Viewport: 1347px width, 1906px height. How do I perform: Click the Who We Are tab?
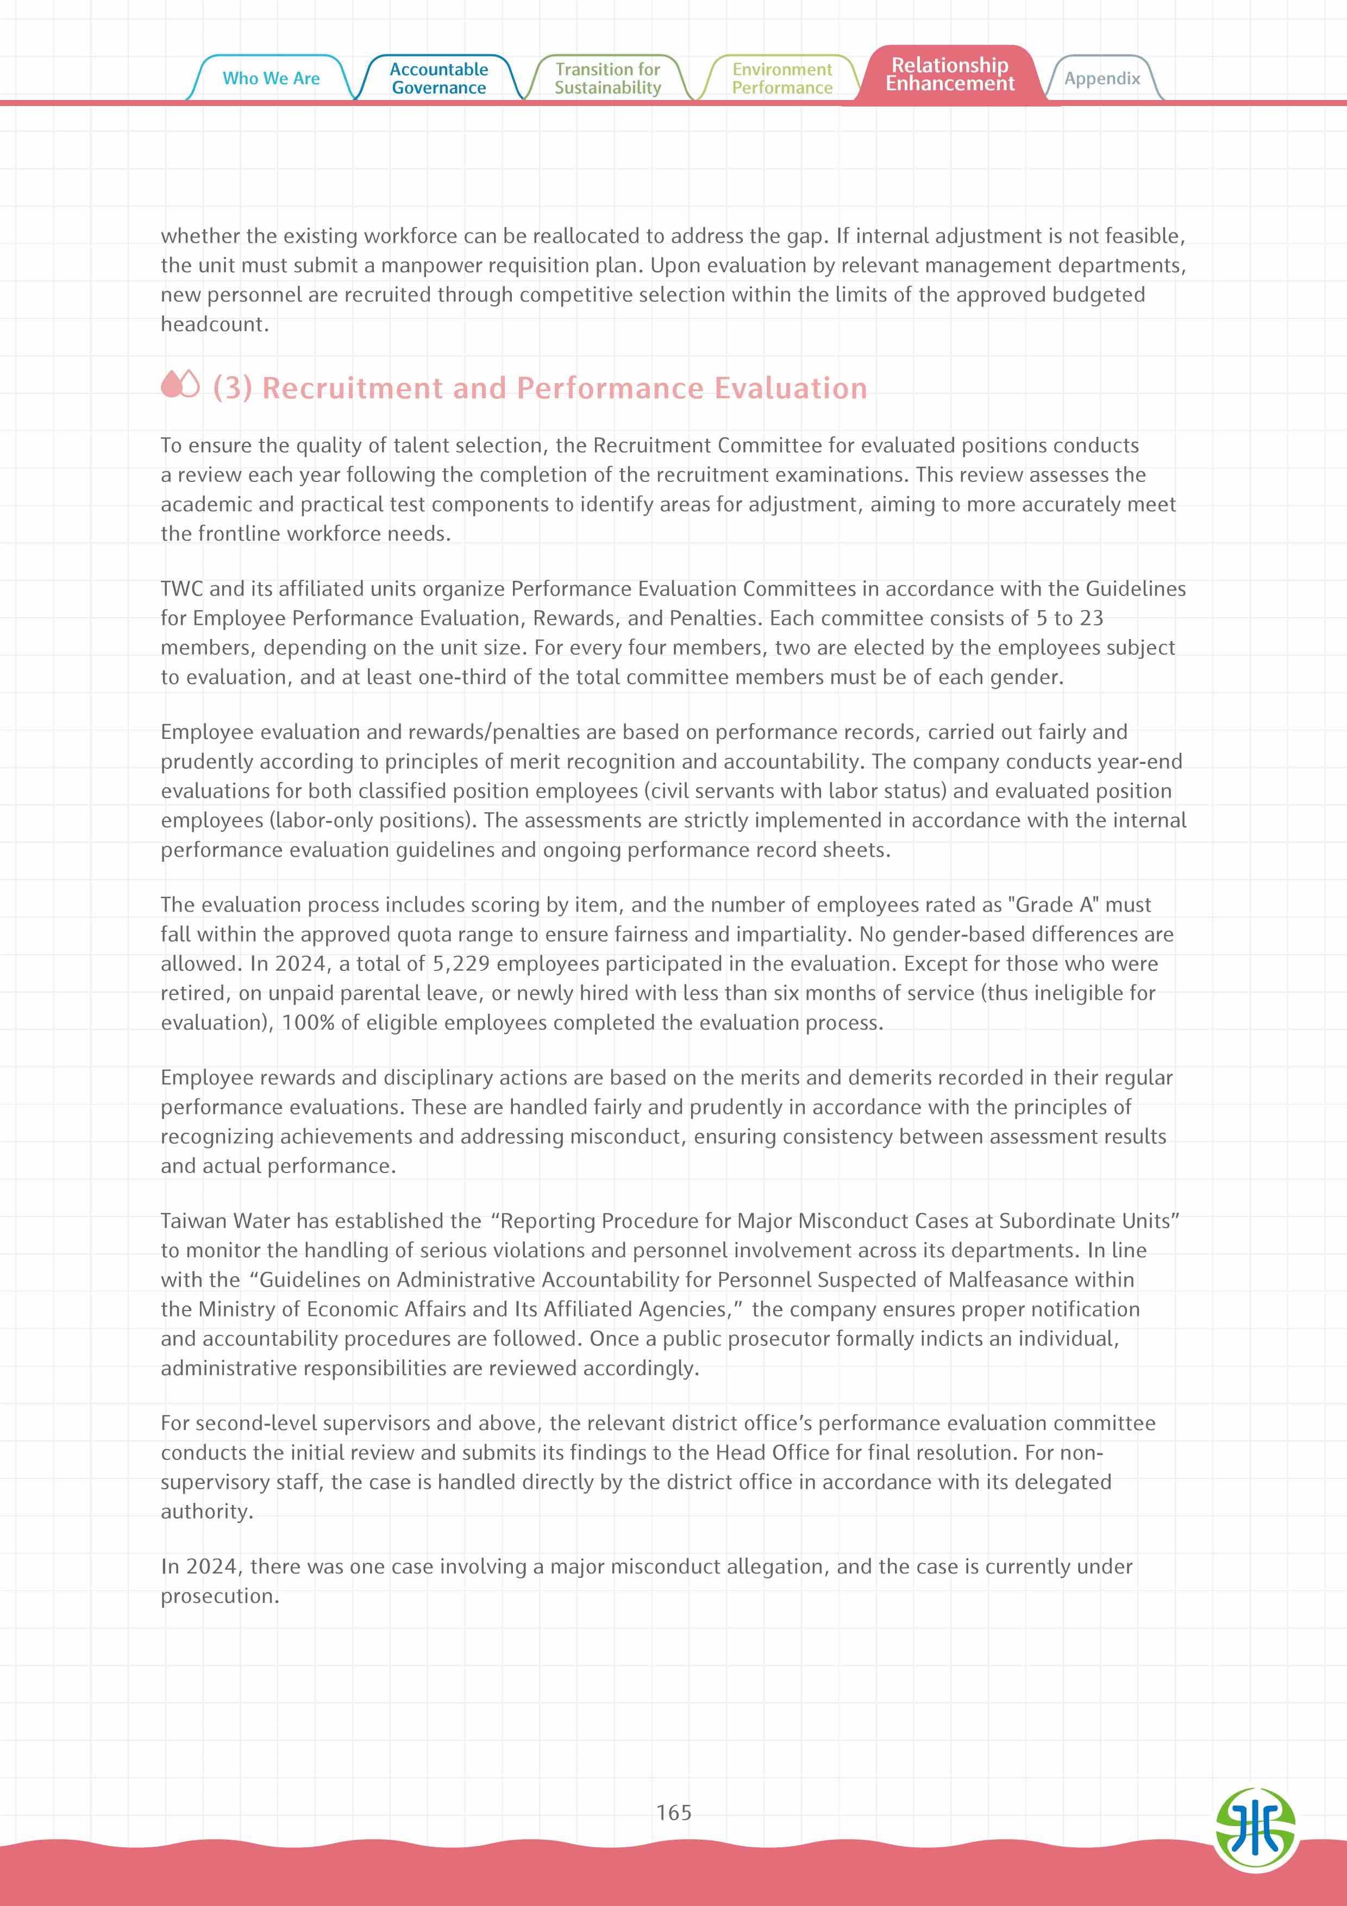click(x=271, y=79)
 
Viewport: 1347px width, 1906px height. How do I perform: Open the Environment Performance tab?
click(x=782, y=79)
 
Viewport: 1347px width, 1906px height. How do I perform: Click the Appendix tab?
click(x=1102, y=79)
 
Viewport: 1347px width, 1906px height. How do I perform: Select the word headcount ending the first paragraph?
click(x=214, y=324)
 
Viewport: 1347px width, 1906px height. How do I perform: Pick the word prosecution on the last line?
click(x=219, y=1596)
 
